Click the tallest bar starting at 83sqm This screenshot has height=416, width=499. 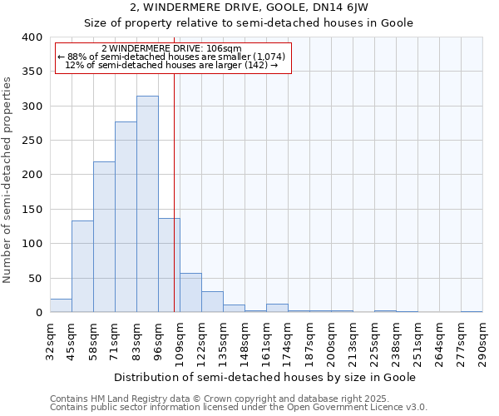pos(147,204)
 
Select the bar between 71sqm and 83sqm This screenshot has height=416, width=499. pos(126,217)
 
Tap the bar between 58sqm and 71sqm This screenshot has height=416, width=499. pos(104,237)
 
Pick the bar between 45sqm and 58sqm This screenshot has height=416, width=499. pos(82,266)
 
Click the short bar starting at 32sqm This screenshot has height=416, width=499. pos(61,305)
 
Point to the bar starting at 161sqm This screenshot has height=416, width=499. pos(277,308)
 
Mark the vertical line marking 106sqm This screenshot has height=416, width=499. pos(174,191)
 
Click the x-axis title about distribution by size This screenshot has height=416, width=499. pos(264,377)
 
